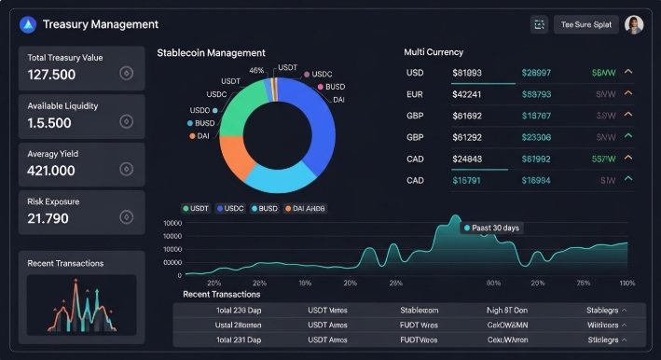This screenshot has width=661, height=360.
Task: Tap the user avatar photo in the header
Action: pos(634,24)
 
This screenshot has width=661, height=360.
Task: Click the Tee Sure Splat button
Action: pos(585,24)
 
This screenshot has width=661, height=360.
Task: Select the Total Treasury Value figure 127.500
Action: pos(52,75)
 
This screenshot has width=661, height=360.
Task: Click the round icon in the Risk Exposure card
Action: pos(127,216)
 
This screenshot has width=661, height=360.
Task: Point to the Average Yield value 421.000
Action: pos(51,171)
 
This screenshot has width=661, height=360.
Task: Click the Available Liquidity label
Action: pos(62,105)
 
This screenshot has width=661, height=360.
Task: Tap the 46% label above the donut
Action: pos(256,70)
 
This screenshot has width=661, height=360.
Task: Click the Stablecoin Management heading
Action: pos(211,53)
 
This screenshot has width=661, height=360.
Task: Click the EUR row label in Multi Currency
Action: pos(415,93)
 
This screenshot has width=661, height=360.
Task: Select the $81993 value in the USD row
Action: pos(467,72)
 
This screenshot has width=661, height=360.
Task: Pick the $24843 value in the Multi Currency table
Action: pos(467,159)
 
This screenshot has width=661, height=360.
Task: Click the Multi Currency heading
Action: pos(433,52)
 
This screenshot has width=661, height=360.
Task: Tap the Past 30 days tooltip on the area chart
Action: pos(495,228)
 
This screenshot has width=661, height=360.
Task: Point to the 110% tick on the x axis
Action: pos(627,282)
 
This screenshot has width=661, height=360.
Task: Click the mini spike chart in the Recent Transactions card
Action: pos(81,304)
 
